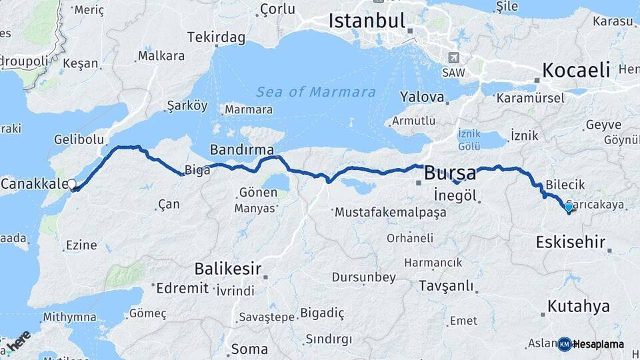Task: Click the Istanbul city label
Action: (367, 20)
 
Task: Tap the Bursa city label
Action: (450, 174)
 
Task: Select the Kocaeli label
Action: (577, 69)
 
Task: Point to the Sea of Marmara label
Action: (316, 92)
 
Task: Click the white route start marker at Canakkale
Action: (71, 185)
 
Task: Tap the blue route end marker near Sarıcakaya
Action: (568, 208)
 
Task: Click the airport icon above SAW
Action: (454, 57)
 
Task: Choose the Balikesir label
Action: (226, 269)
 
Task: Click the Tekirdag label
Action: (216, 37)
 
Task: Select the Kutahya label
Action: (579, 307)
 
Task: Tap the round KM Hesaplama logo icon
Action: (565, 344)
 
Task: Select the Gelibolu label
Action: (79, 139)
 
